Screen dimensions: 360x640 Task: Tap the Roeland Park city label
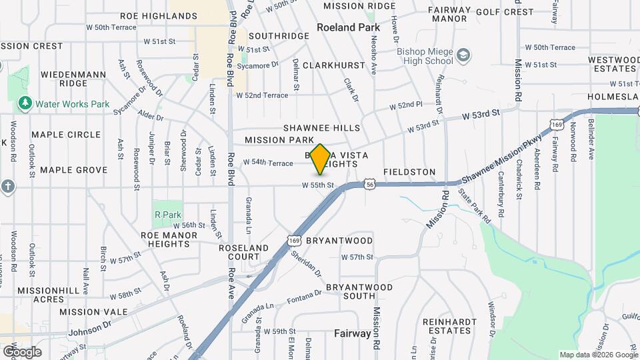coord(348,27)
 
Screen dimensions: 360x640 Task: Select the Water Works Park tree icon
coord(25,103)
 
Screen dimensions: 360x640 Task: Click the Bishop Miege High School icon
coord(463,55)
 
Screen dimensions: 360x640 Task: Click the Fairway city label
coord(352,333)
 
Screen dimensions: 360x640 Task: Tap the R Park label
coord(167,215)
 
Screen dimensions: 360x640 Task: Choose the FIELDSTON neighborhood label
coord(409,172)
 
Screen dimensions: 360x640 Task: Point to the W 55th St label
coord(317,185)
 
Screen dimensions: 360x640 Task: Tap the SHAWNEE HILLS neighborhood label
coord(321,128)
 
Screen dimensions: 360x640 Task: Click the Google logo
coord(22,351)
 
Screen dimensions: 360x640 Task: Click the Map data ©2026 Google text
coord(597,355)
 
